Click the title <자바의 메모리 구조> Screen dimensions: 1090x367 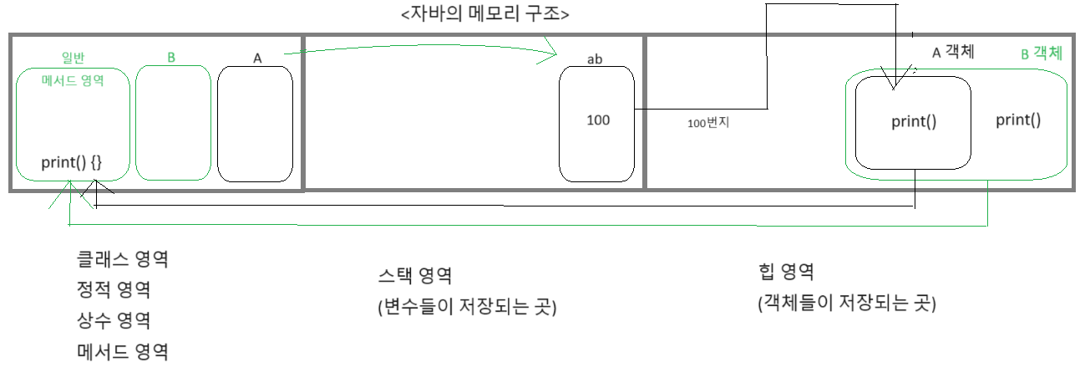click(474, 14)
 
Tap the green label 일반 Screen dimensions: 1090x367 click(74, 58)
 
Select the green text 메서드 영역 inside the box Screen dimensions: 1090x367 click(73, 82)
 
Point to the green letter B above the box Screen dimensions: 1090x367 click(171, 58)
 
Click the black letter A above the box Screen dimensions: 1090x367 click(257, 58)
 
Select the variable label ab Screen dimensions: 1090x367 click(596, 59)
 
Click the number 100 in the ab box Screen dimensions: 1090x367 click(598, 120)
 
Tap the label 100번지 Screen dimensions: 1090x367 click(709, 124)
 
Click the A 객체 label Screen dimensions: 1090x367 click(953, 52)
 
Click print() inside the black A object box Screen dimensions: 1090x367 click(914, 122)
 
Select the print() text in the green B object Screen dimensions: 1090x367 click(1018, 120)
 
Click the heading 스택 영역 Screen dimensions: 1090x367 click(415, 276)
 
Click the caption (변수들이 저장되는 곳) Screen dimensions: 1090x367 click(467, 308)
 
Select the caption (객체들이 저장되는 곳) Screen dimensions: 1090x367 click(846, 303)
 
